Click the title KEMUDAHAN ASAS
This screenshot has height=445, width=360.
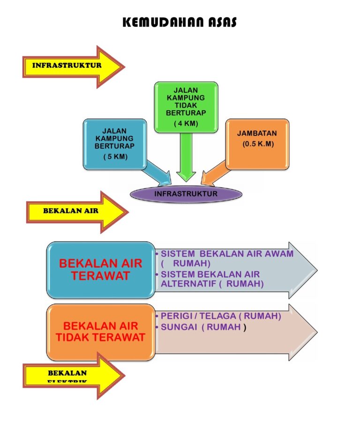coord(180,23)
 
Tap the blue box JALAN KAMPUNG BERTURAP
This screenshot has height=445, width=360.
coord(114,143)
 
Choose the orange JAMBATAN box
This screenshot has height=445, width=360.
coord(257,143)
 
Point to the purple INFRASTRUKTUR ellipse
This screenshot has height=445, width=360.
coord(186,194)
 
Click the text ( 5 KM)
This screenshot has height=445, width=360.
coord(115,157)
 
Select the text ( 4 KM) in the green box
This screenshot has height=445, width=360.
coord(186,123)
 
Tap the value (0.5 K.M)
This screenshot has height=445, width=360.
coord(258,144)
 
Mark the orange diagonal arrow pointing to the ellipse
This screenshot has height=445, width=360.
coord(216,173)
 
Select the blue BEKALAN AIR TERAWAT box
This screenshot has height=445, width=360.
coord(101,269)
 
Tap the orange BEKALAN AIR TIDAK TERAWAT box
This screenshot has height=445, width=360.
coord(101,332)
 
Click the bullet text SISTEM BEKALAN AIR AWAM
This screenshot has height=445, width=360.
coord(227,254)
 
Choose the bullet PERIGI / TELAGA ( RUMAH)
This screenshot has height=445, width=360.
coord(220,317)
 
